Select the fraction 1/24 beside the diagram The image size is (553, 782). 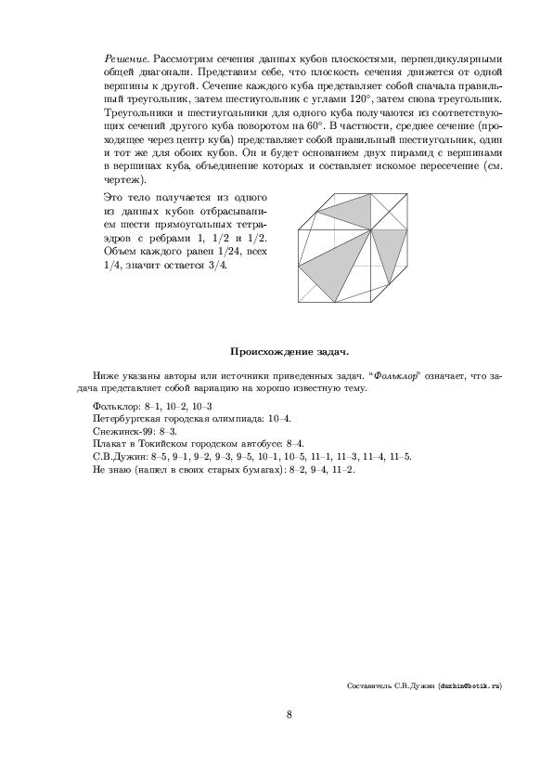pyautogui.click(x=225, y=251)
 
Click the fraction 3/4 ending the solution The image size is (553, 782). pyautogui.click(x=219, y=264)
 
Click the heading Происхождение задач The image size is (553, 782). pyautogui.click(x=289, y=351)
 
